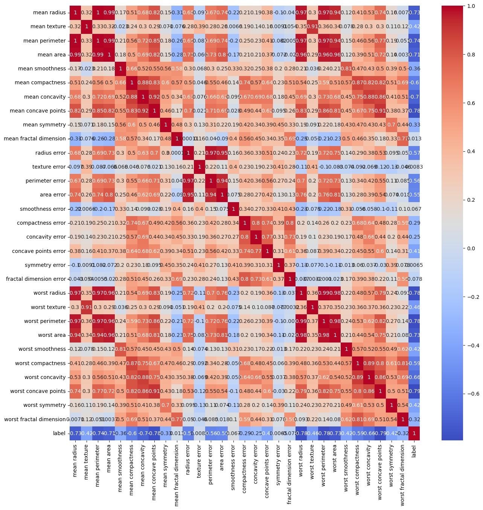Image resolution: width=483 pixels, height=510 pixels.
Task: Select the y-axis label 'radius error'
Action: pos(50,153)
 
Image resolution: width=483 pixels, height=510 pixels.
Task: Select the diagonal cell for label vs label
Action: pos(414,433)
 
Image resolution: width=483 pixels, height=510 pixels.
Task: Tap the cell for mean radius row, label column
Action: pos(414,13)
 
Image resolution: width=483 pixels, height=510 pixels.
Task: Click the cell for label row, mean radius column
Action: pos(75,433)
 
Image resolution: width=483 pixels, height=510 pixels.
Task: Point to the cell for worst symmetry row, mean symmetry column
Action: pos(165,405)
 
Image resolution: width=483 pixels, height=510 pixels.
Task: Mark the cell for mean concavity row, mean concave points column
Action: pos(154,97)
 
